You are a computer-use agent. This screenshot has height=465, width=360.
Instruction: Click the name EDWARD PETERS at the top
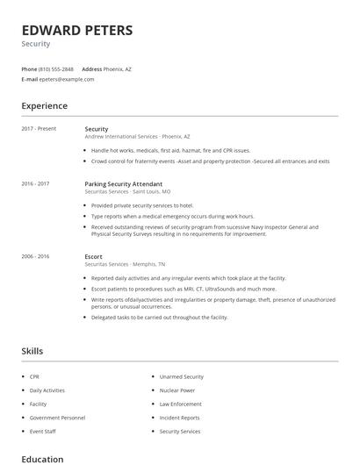[77, 31]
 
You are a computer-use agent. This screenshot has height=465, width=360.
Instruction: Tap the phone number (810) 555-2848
[57, 68]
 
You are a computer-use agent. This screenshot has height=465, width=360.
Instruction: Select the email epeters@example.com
[67, 79]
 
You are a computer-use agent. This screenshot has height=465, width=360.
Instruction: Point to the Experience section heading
[44, 106]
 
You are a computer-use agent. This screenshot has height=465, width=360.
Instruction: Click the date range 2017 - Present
[39, 129]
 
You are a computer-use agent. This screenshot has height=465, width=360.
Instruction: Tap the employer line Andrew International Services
[121, 137]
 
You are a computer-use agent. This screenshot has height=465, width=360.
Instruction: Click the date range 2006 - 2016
[35, 256]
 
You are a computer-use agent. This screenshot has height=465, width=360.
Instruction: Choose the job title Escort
[94, 256]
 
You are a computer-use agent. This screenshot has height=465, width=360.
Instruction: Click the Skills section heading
[32, 351]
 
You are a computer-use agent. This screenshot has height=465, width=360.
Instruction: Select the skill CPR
[35, 376]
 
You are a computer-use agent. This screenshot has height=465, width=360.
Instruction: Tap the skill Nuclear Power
[177, 390]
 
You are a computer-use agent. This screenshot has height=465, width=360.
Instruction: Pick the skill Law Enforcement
[181, 404]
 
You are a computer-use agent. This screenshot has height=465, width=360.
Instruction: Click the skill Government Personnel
[57, 418]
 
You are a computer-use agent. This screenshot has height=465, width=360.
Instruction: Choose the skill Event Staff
[42, 432]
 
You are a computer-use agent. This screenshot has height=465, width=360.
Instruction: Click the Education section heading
[42, 459]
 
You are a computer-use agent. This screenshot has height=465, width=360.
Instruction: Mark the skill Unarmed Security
[182, 376]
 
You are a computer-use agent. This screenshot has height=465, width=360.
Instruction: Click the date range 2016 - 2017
[35, 184]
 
